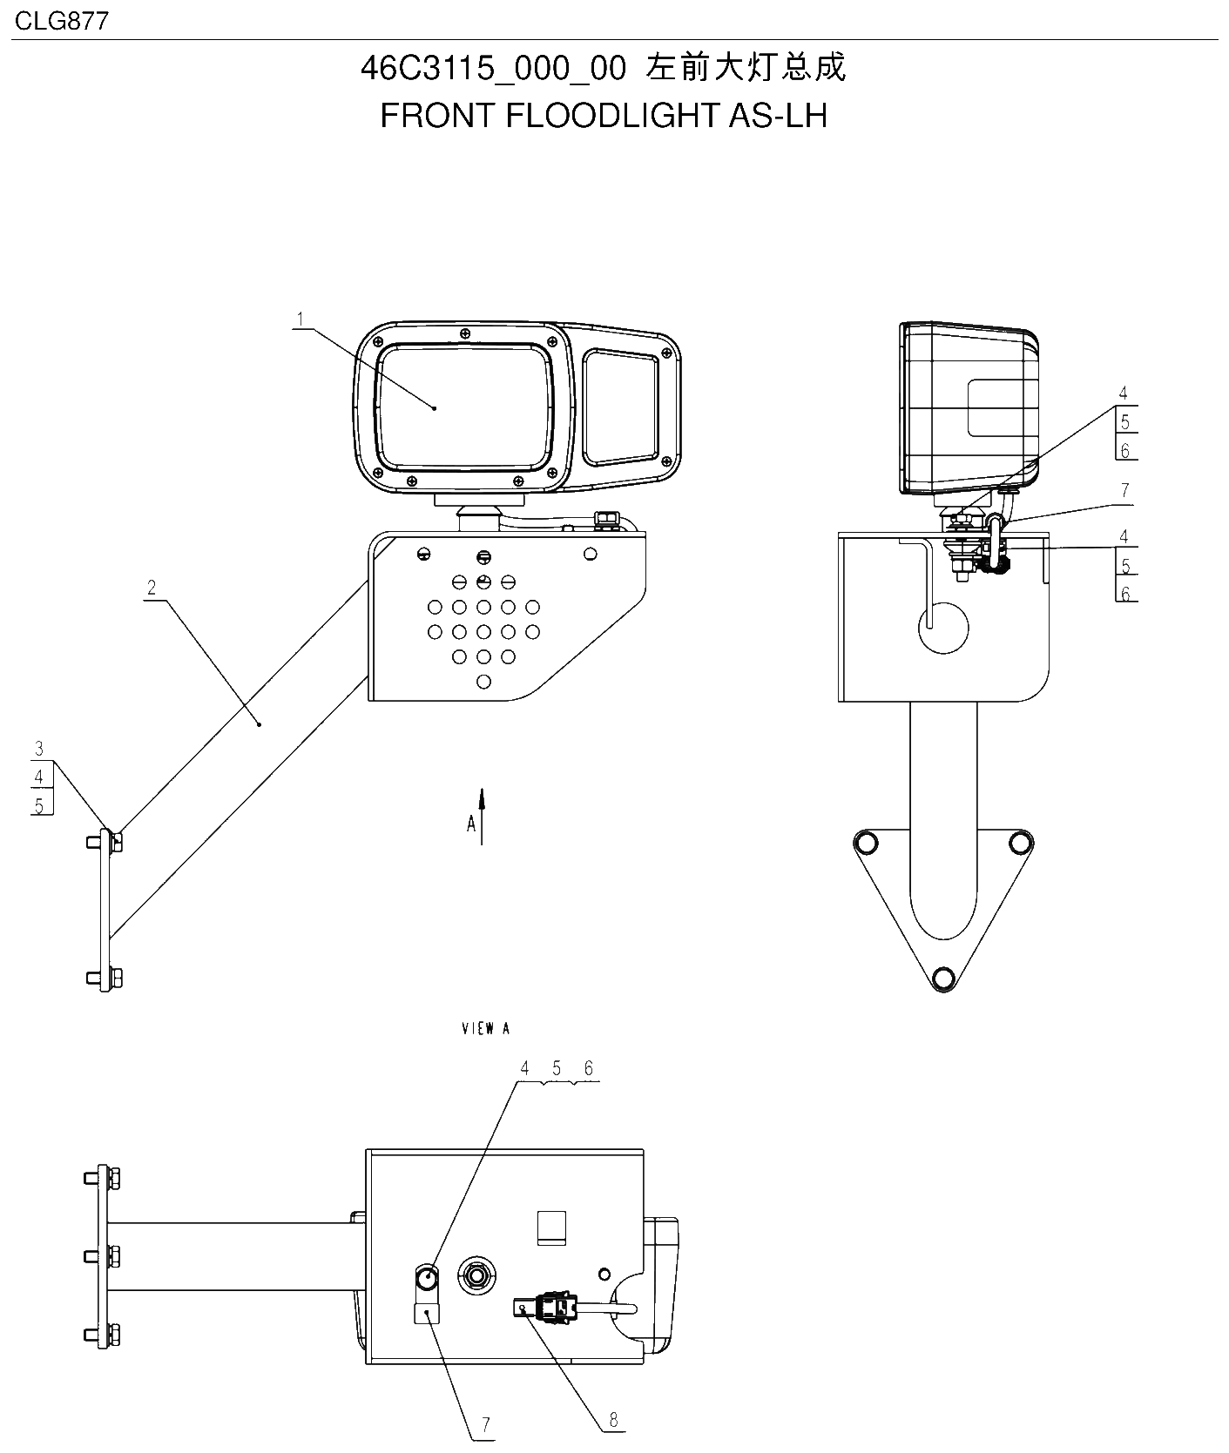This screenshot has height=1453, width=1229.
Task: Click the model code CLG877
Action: click(62, 20)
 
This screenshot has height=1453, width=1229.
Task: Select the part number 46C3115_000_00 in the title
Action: click(494, 69)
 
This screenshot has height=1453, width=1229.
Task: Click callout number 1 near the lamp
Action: click(300, 320)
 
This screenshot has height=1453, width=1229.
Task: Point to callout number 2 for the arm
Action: click(152, 588)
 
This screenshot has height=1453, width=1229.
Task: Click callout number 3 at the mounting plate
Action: click(39, 749)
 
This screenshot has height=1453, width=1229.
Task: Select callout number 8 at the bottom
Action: click(613, 1420)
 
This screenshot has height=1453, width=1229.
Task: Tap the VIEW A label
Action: click(485, 1028)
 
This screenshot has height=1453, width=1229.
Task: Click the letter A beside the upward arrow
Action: click(471, 824)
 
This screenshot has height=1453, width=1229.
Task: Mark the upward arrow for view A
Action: click(483, 816)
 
